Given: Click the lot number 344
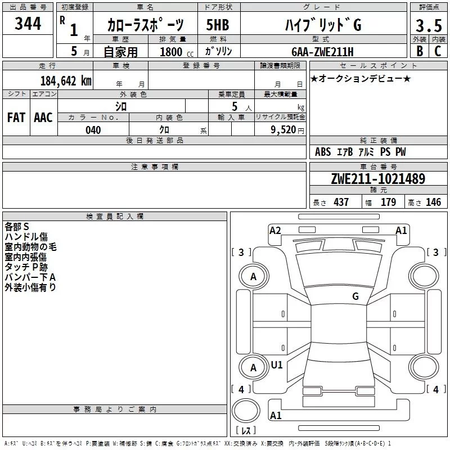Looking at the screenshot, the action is pyautogui.click(x=28, y=23).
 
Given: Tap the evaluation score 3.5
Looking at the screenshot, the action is pyautogui.click(x=429, y=25).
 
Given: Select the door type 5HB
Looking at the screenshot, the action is pyautogui.click(x=218, y=25).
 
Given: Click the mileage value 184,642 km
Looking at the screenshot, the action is pyautogui.click(x=66, y=81).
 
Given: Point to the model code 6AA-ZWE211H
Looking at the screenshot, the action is pyautogui.click(x=322, y=52).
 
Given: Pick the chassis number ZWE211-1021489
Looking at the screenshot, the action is pyautogui.click(x=378, y=178).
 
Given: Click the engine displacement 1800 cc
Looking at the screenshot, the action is pyautogui.click(x=177, y=52).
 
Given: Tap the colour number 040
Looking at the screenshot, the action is pyautogui.click(x=93, y=130).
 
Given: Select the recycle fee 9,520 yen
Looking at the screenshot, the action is pyautogui.click(x=287, y=130).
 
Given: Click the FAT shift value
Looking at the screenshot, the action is pyautogui.click(x=16, y=118).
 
